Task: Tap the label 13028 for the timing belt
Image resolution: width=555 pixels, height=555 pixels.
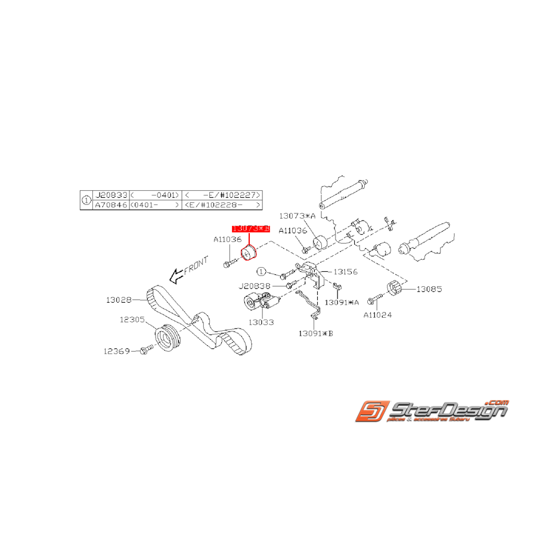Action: coord(119,299)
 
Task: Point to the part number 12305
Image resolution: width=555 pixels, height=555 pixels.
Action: coord(132,320)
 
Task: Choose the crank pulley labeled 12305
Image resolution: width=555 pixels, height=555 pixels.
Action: coord(168,337)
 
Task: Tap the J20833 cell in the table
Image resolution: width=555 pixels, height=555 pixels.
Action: coord(110,196)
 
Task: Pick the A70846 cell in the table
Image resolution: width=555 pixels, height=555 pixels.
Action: coord(110,204)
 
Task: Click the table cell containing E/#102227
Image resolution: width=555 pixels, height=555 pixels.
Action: coord(222,196)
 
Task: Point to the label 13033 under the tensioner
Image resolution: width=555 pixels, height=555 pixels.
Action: coord(262,323)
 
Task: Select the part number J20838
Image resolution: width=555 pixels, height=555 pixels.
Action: coord(255,286)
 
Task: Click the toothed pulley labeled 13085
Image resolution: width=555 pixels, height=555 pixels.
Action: coord(393,289)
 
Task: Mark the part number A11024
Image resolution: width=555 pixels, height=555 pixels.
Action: coord(377,315)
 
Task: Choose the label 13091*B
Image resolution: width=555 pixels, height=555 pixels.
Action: coord(315,333)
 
